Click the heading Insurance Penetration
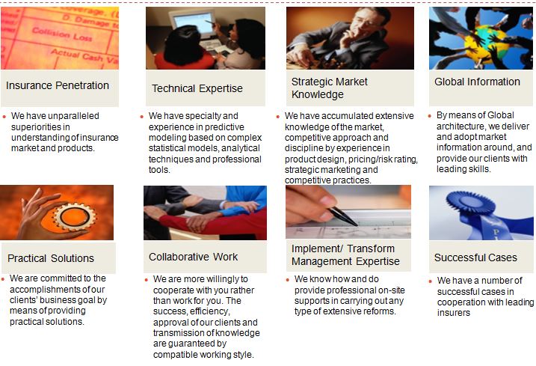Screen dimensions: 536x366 58,85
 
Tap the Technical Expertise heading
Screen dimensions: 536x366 197,88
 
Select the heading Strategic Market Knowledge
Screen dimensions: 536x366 330,88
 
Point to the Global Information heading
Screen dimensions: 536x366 477,82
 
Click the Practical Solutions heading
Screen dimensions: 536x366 51,258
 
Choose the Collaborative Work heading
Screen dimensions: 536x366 193,257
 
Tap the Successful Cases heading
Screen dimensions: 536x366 475,257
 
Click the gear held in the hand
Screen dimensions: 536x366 76,216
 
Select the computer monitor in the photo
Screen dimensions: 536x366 192,23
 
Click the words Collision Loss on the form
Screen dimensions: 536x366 62,34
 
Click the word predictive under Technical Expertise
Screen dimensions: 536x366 224,127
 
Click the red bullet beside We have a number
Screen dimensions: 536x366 430,281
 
